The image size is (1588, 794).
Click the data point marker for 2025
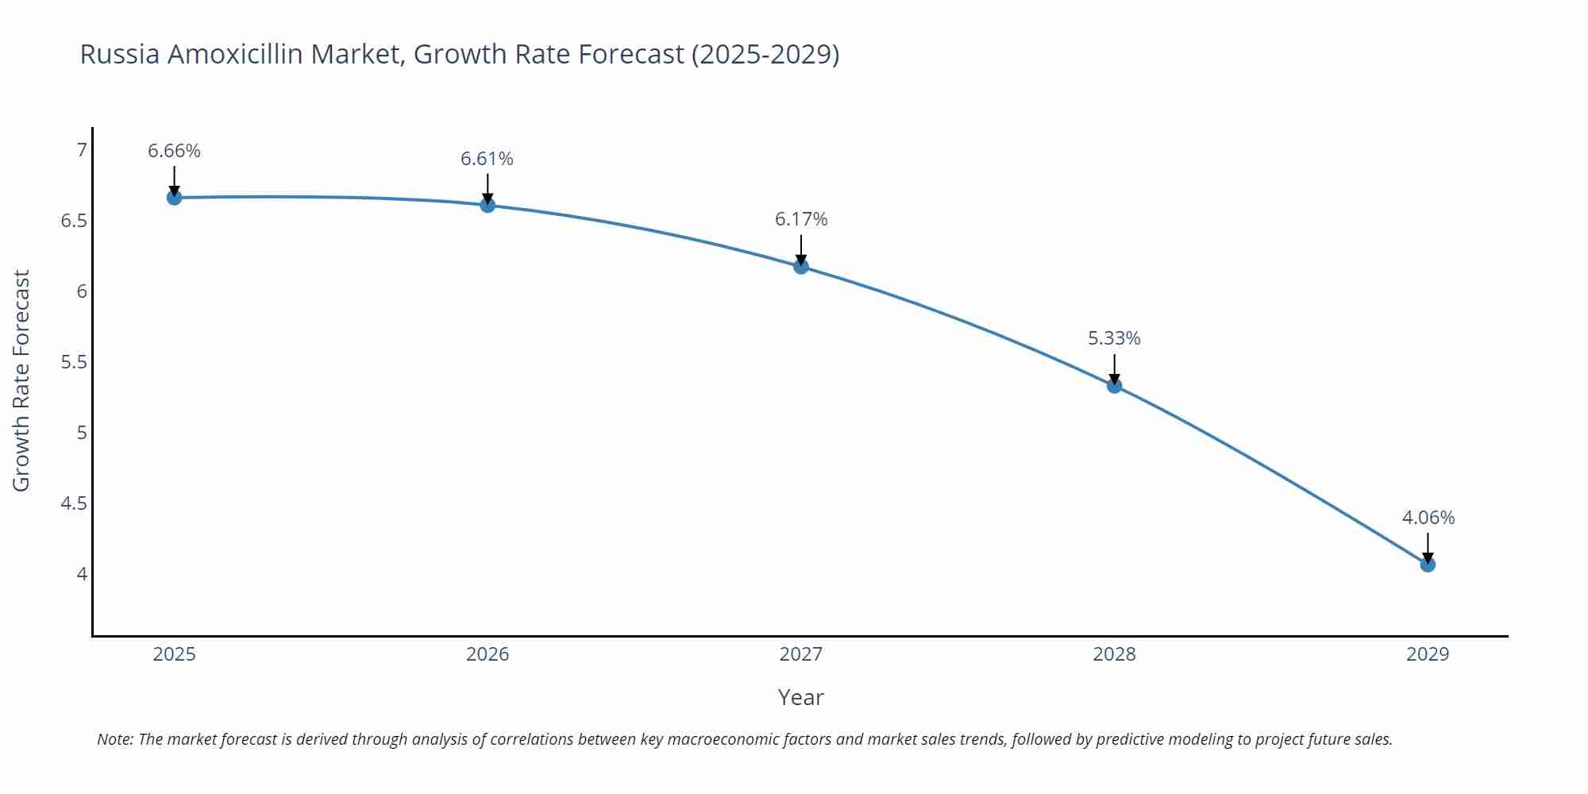point(174,197)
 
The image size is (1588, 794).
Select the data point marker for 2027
point(800,266)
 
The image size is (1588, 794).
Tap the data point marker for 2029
point(1427,565)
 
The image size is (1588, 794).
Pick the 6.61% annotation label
point(487,159)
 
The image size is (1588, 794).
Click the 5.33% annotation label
point(1113,338)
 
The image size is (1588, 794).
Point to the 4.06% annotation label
point(1428,518)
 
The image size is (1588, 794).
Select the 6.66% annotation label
point(174,151)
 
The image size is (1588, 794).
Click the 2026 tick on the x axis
point(487,654)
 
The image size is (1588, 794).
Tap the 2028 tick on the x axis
point(1113,654)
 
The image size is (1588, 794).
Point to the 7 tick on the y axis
point(81,149)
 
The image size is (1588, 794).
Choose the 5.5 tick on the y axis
point(74,362)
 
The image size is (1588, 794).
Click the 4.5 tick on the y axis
point(74,503)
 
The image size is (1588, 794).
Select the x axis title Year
point(800,697)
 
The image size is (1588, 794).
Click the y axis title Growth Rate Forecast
point(21,380)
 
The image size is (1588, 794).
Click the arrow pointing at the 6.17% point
point(800,249)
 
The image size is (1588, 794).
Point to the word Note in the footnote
point(114,739)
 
